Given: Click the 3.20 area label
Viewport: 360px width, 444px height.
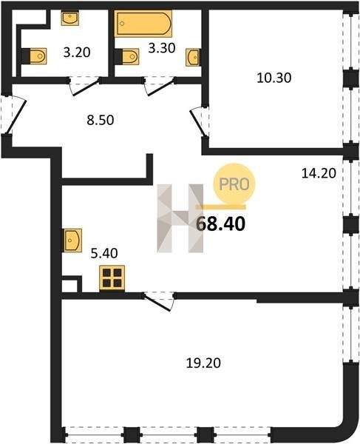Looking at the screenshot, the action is [77, 53].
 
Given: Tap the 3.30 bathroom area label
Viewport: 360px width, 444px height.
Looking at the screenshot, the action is [162, 48].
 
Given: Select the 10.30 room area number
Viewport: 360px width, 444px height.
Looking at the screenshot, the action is [274, 78].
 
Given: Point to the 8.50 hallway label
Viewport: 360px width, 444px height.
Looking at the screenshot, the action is [101, 120].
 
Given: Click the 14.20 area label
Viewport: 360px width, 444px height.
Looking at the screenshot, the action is [319, 173].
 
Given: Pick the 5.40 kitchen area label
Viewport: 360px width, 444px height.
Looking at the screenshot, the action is [104, 253].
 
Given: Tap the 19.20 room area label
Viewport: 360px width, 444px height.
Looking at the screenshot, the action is [203, 363].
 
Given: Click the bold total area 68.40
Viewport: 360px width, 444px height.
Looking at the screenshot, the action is [220, 224].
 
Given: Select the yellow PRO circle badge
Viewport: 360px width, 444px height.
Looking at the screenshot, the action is [234, 184].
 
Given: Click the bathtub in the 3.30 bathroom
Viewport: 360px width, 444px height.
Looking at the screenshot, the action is [143, 24].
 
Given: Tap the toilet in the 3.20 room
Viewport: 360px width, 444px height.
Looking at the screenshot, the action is [35, 56].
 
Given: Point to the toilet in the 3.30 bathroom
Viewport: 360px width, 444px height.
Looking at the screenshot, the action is [127, 57].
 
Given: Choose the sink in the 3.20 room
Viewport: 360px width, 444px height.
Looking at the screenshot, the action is [69, 18].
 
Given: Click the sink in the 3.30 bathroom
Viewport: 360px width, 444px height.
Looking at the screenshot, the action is [193, 58].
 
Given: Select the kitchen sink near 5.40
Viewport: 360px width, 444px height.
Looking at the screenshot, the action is [72, 240].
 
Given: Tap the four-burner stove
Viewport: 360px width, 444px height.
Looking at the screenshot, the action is [112, 278].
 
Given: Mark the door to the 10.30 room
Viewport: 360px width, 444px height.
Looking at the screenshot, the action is [200, 122].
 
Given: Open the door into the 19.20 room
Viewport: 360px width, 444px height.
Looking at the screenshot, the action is [158, 302].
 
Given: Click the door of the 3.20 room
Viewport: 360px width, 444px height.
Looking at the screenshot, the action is [85, 87].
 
